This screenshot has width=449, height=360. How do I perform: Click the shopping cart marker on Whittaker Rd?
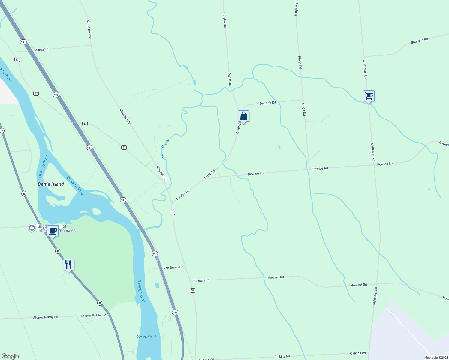(x=369, y=96)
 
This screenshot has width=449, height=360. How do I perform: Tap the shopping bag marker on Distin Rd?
(x=244, y=116)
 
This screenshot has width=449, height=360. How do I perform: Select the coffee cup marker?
(x=53, y=231)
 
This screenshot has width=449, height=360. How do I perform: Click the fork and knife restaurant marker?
(x=68, y=265)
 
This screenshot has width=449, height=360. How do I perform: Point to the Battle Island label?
(x=51, y=184)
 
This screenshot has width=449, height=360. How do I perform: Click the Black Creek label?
(x=165, y=148)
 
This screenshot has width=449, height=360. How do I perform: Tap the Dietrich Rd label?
(x=268, y=103)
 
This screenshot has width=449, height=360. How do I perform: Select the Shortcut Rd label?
(x=419, y=41)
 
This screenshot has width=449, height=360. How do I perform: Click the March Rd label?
(x=41, y=50)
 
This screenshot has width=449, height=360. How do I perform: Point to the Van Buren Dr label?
(x=173, y=268)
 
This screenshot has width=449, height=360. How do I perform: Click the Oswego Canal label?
(x=146, y=337)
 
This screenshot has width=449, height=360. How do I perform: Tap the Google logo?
(x=10, y=356)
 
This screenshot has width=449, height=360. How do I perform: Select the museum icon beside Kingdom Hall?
(x=32, y=228)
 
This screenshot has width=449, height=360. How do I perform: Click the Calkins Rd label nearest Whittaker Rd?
(x=358, y=353)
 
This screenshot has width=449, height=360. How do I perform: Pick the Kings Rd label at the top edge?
(x=296, y=9)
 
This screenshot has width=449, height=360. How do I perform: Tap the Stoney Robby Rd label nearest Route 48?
(x=94, y=316)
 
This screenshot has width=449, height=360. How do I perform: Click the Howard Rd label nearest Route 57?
(x=201, y=280)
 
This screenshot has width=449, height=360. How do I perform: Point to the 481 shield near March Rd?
(x=23, y=42)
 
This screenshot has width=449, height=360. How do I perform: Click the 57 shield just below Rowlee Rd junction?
(x=172, y=213)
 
